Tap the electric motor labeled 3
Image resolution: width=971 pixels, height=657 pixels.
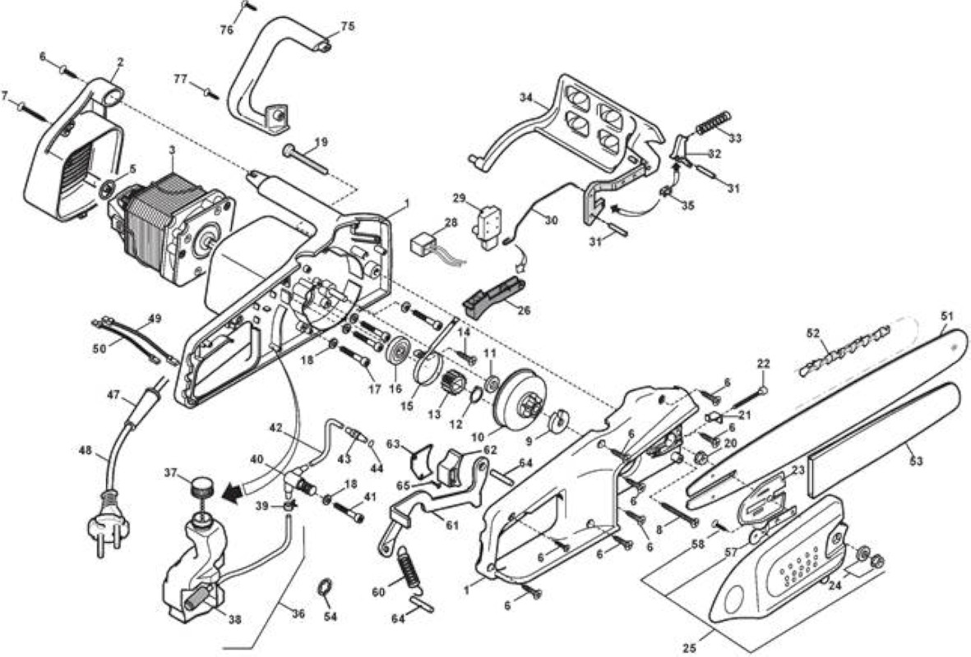point(172,229)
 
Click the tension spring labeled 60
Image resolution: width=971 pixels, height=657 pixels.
point(412,567)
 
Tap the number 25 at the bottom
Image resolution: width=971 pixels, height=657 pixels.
point(689,648)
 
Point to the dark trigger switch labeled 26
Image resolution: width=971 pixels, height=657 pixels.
point(495,296)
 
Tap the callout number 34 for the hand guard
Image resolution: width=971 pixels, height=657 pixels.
point(526,97)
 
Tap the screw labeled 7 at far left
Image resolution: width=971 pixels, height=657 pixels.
point(33,111)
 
